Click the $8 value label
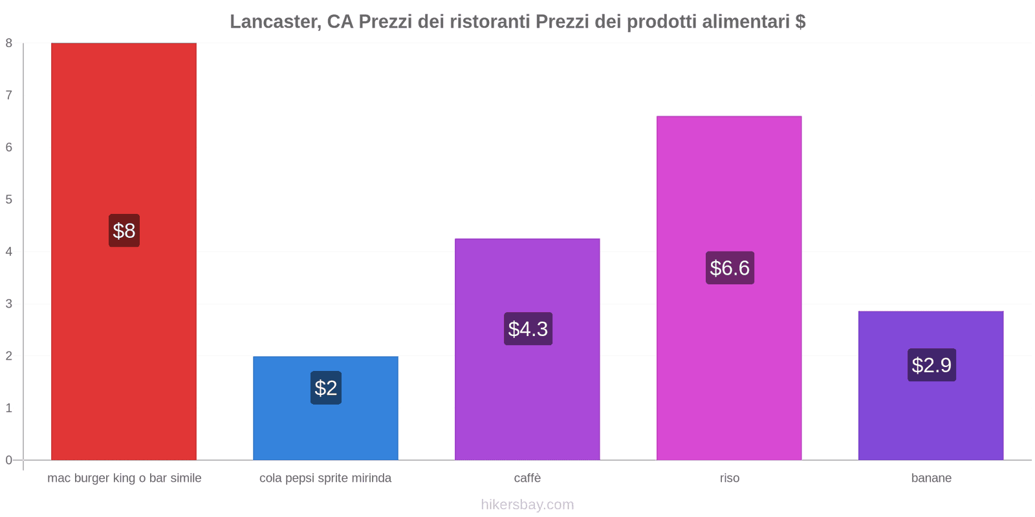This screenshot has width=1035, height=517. coord(124,231)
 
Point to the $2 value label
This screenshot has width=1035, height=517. coord(326,388)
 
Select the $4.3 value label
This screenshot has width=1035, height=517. coord(528,329)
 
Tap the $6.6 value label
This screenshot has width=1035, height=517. coord(730,268)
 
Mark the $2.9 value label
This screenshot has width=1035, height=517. coord(931,365)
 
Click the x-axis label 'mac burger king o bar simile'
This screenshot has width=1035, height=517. coord(124,478)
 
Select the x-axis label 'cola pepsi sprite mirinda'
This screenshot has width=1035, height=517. coord(325,478)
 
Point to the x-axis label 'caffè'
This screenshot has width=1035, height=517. coord(527,478)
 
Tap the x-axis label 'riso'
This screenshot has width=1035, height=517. coord(729,478)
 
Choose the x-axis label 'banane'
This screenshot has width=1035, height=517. coord(931,478)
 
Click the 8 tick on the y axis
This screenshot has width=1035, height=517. coord(9,43)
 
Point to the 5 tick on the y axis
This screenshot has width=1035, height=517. coord(9,200)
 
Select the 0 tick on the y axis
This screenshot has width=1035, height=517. coord(9,460)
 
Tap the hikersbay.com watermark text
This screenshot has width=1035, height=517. coord(527,505)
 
